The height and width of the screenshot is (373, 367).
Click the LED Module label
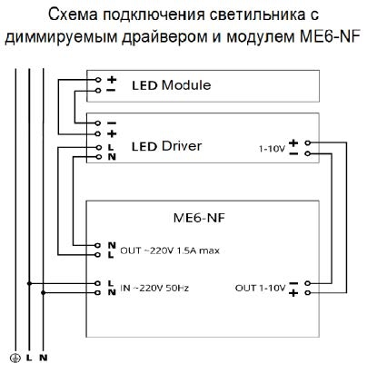(172, 85)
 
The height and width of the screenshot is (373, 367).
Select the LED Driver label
(166, 146)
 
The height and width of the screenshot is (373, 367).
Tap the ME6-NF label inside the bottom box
(199, 218)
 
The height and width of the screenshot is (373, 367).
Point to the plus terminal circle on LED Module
(98, 80)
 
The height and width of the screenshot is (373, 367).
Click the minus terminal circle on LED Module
(98, 91)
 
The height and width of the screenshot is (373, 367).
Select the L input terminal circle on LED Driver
(98, 147)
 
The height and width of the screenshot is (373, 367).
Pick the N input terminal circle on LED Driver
(98, 157)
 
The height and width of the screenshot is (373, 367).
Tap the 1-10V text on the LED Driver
(272, 149)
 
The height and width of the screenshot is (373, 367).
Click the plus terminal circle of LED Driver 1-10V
(308, 142)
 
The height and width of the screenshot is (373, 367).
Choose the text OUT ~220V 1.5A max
(170, 250)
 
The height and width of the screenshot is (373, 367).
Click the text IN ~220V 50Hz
(154, 288)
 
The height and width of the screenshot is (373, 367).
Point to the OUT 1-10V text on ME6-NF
(260, 288)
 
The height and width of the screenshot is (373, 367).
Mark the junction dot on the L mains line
(29, 283)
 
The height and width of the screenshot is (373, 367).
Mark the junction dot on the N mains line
(44, 293)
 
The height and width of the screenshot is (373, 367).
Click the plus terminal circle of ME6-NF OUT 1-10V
(308, 293)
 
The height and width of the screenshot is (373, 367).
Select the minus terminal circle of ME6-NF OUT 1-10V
(308, 283)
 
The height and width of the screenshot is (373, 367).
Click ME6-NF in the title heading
(330, 36)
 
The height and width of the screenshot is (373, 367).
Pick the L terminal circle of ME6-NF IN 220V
(97, 283)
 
